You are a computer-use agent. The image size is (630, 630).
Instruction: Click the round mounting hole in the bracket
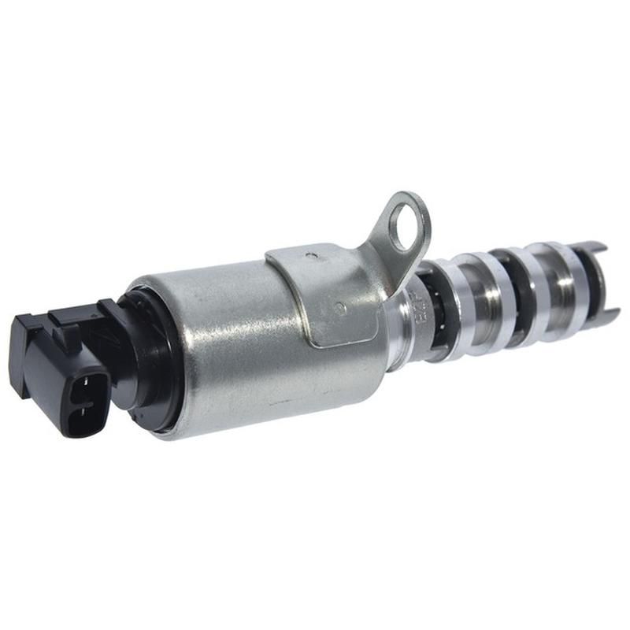[405, 217]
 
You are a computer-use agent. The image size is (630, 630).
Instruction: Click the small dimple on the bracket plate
[313, 255]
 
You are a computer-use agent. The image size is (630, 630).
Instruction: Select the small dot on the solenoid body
[339, 308]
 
